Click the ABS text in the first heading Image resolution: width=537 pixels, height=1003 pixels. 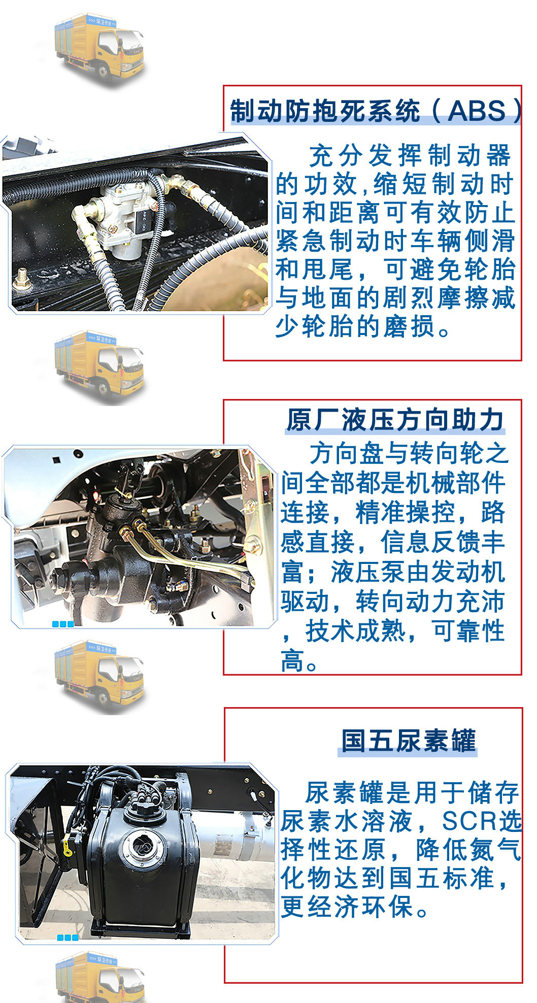pos(477,111)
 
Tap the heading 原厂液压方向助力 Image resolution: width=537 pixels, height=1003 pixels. pos(395,420)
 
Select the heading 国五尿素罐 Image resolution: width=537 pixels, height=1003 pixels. pos(408,741)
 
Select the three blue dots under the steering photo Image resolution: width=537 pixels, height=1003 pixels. pos(63,624)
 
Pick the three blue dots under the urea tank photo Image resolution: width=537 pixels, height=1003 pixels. pos(68,938)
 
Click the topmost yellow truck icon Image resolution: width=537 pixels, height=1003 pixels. pos(99,49)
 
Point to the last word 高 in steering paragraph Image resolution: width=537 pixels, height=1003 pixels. pos(292,661)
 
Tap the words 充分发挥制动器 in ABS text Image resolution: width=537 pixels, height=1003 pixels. pos(410,155)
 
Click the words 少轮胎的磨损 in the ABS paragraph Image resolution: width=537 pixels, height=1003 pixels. pos(355,326)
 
